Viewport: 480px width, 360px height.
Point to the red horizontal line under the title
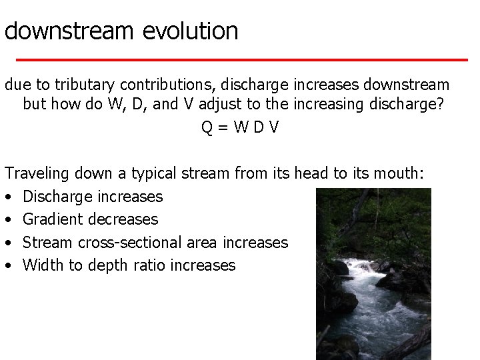(240, 59)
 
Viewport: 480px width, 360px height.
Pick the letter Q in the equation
(207, 127)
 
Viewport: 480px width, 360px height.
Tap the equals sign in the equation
(225, 127)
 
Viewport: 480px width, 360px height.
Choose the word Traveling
(37, 173)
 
